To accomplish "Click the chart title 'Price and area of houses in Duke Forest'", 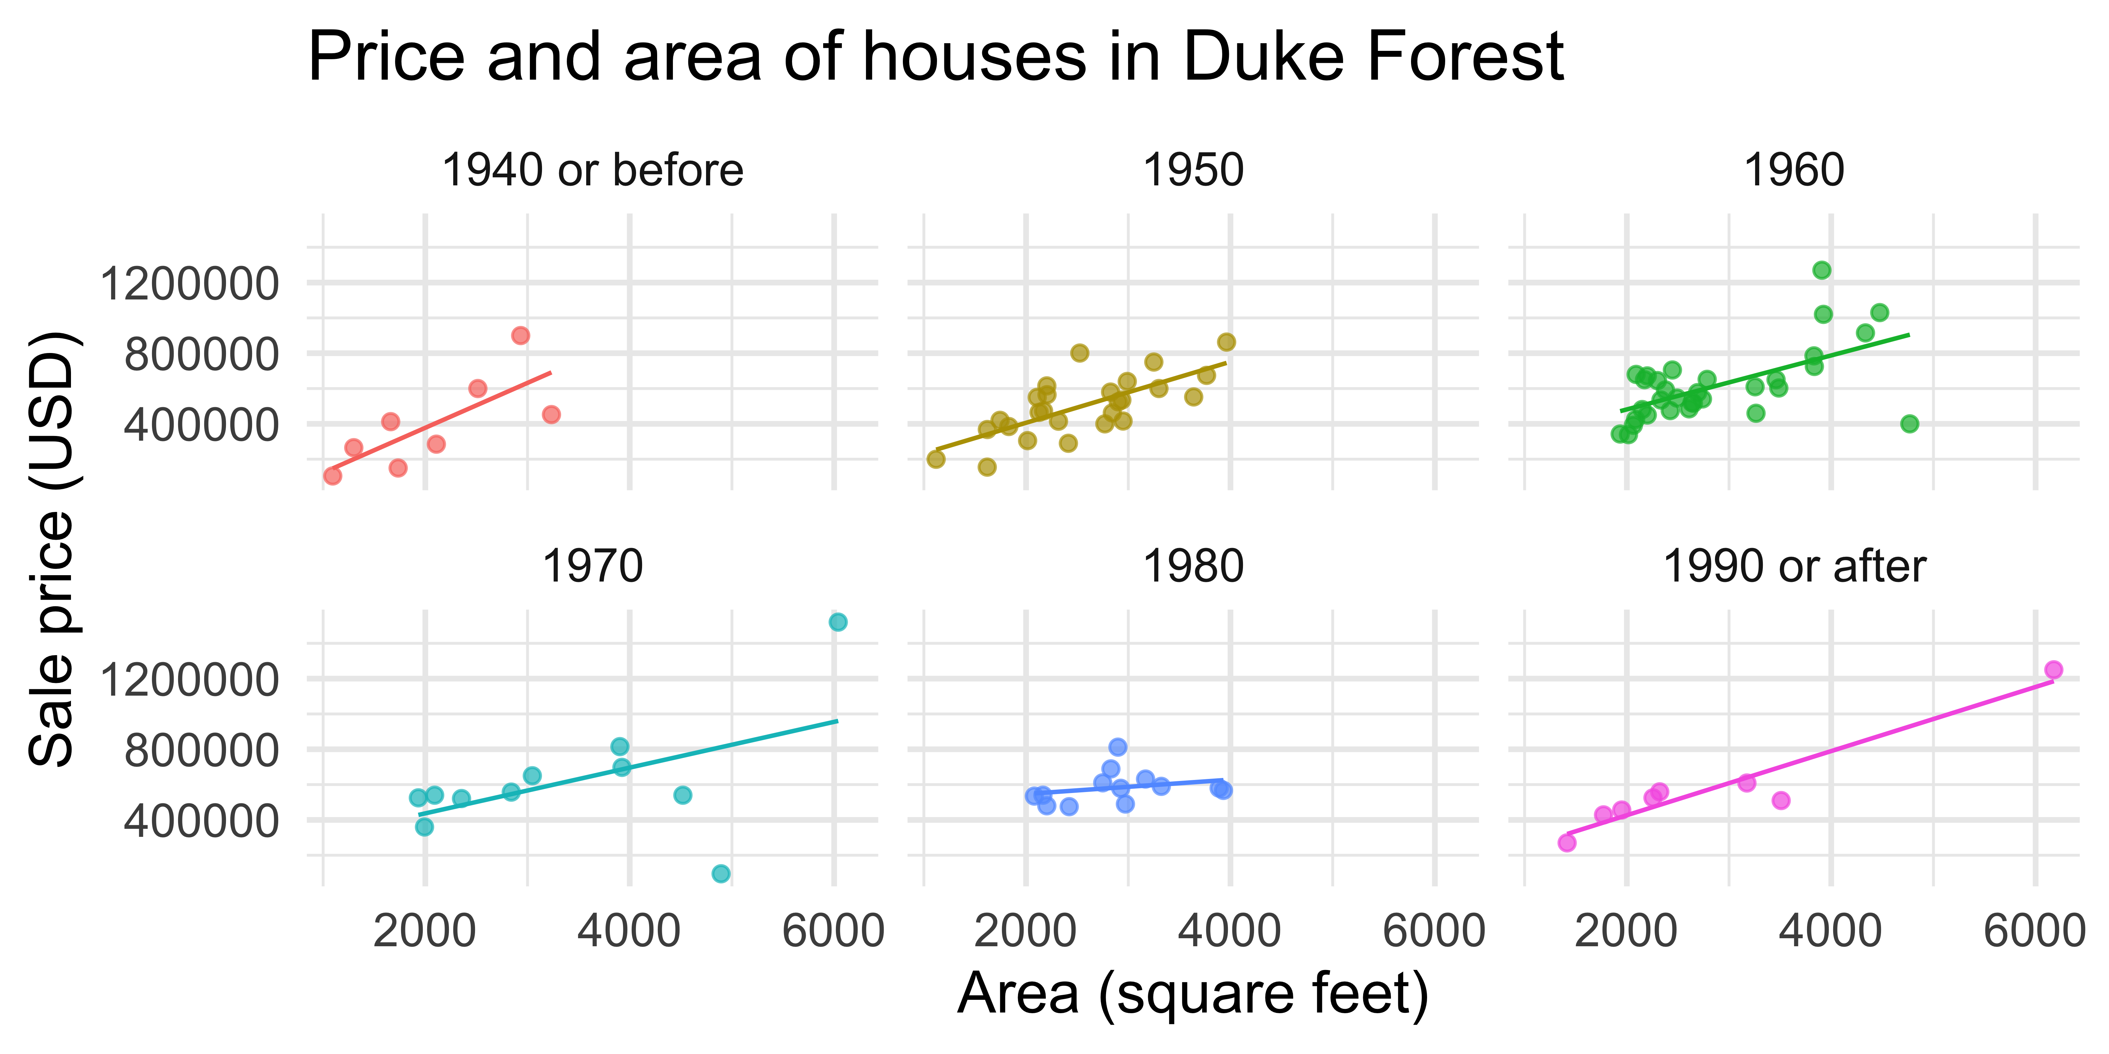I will pyautogui.click(x=935, y=57).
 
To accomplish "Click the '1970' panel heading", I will pyautogui.click(x=592, y=566).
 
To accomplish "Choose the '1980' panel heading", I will pyautogui.click(x=1193, y=566).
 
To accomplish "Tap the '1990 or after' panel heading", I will pyautogui.click(x=1794, y=566).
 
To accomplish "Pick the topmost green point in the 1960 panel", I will pyautogui.click(x=1822, y=270).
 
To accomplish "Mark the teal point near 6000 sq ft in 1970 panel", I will pyautogui.click(x=838, y=622).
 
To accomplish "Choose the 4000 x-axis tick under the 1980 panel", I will pyautogui.click(x=1230, y=931).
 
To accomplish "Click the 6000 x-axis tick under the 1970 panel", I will pyautogui.click(x=834, y=931).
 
